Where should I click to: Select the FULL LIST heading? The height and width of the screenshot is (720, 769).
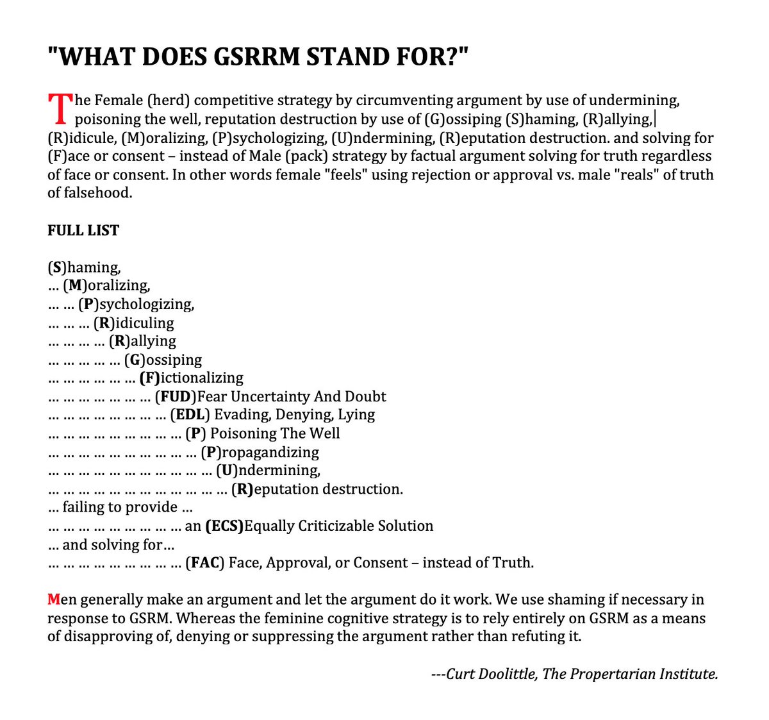click(83, 230)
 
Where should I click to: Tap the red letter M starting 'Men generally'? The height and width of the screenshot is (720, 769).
click(54, 599)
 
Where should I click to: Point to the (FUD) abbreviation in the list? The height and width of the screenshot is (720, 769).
click(176, 396)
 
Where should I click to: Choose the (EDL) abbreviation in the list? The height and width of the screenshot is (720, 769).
click(190, 415)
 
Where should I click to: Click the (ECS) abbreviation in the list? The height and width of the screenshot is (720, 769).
click(224, 526)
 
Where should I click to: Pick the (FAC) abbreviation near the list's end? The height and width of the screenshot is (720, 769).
click(205, 563)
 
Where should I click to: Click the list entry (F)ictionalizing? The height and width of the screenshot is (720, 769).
click(191, 378)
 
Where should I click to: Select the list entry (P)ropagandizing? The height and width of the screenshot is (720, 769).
click(260, 452)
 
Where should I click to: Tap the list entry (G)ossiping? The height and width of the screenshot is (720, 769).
click(163, 360)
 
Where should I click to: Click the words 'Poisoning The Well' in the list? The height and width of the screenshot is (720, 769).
click(275, 433)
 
